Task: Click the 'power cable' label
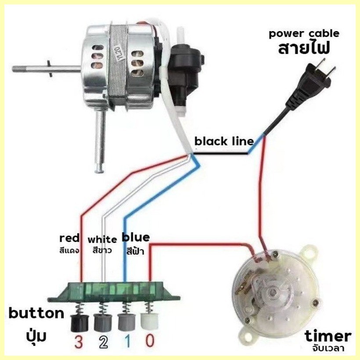[x=304, y=34]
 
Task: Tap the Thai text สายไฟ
[x=304, y=48]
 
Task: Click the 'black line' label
[x=224, y=141]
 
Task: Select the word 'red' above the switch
[x=69, y=238]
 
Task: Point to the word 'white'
[x=102, y=239]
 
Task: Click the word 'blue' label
[x=136, y=237]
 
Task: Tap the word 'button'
[x=36, y=313]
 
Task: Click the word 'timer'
[x=328, y=336]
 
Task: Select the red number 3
[x=78, y=342]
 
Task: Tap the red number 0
[x=150, y=341]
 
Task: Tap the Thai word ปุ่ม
[x=36, y=336]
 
